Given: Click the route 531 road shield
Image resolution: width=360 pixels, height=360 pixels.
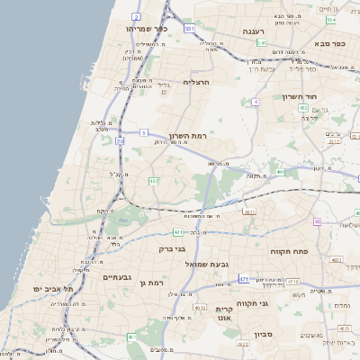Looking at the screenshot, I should tap(189, 29).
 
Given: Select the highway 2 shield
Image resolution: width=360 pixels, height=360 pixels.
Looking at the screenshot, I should tap(136, 16).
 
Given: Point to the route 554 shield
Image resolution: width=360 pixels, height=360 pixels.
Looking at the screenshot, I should tap(331, 19).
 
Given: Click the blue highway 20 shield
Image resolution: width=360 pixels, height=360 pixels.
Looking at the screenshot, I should tap(120, 141).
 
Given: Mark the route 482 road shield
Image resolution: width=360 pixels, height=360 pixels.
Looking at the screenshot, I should tap(153, 181).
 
